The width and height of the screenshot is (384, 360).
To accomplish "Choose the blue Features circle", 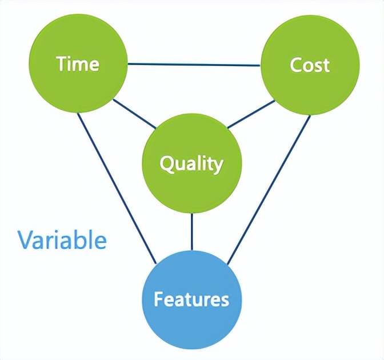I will coord(191,299).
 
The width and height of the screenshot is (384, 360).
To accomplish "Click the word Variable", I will coord(62,240).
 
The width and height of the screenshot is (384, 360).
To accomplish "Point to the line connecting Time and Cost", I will coord(194,64).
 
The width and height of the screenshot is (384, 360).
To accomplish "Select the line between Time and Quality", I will coord(134,114).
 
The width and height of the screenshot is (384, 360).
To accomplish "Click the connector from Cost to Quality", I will coord(251,114).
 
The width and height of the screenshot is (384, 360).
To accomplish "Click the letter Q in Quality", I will coord(167,164).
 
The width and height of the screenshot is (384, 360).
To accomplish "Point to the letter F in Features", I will coord(158,299).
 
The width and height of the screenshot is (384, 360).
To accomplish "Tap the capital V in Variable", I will coord(25,240).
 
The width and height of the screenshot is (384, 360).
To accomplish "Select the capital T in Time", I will coord(61,64).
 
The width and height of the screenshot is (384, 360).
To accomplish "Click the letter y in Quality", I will coord(217,166).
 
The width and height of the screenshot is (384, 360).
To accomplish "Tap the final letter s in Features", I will coord(225,300).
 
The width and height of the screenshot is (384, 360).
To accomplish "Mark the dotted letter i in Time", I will coord(70,63).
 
